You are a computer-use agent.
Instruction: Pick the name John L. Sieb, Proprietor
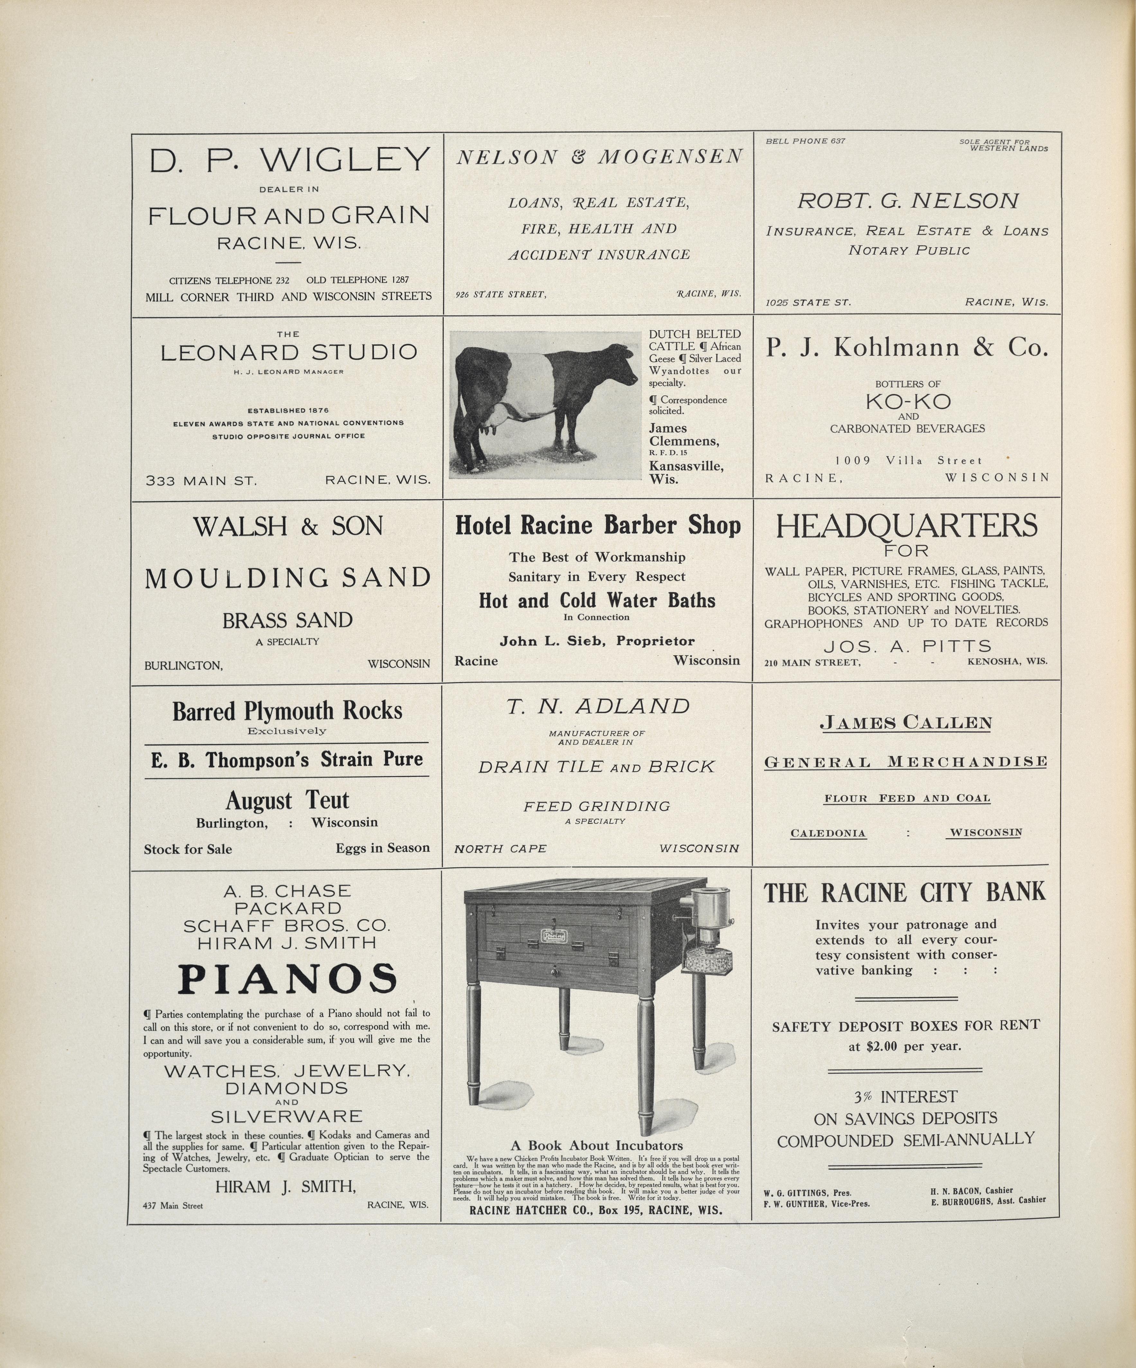tap(597, 641)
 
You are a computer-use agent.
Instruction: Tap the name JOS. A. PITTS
tap(907, 646)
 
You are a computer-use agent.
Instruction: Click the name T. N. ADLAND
tap(598, 706)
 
